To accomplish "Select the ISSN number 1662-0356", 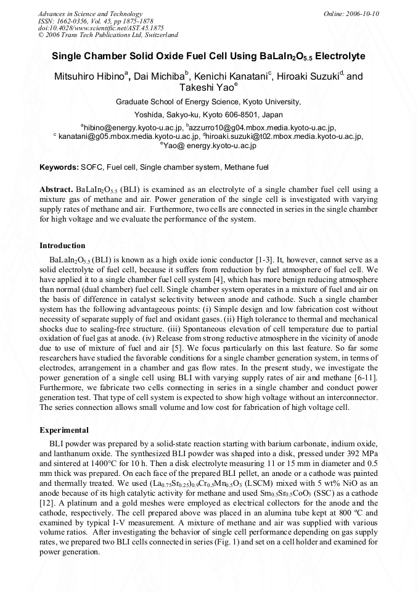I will point(72,21).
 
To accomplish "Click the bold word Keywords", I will point(59,167).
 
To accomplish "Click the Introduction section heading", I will point(62,246).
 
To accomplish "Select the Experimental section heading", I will point(64,430).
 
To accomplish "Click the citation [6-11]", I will point(365,377).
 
